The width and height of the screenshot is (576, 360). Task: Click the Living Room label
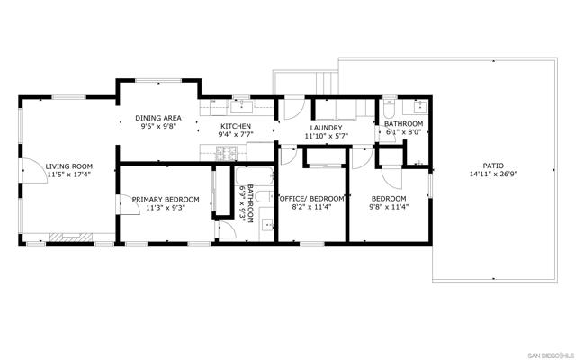pos(68,166)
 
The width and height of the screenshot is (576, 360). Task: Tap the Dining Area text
pos(158,118)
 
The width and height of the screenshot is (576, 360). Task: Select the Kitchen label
pos(235,127)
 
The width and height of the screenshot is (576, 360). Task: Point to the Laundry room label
pos(325,128)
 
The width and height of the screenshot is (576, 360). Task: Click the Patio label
pos(492,166)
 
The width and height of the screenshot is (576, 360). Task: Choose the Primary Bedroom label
pos(158,199)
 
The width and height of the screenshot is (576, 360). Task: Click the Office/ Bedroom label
pos(311,198)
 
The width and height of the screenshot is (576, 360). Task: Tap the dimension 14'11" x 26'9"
pos(492,175)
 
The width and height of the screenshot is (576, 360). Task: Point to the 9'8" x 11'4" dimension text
pos(389,207)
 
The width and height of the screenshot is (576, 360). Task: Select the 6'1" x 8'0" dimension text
pos(404,131)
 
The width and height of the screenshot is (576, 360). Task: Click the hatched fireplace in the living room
pos(65,238)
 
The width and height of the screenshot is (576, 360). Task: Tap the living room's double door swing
pos(34,171)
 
